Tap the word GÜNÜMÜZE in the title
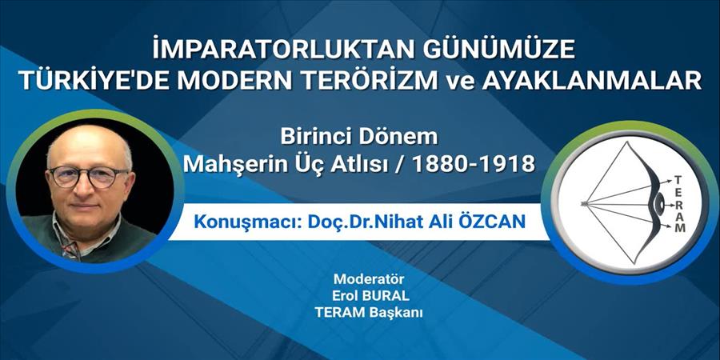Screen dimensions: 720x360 click(x=498, y=49)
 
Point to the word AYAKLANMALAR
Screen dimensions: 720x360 click(x=591, y=82)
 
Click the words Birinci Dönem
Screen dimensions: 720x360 click(x=359, y=136)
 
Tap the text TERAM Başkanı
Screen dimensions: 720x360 click(x=368, y=313)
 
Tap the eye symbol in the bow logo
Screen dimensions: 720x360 click(x=660, y=203)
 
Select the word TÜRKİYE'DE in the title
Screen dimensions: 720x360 click(x=95, y=82)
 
